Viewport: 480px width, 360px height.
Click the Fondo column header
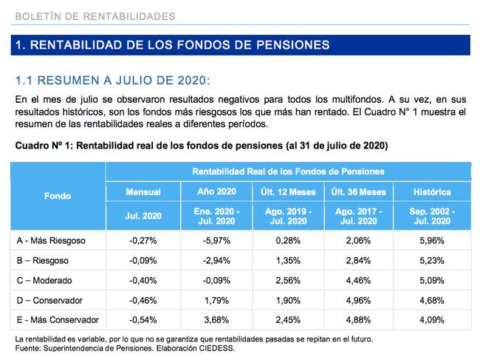click(58, 196)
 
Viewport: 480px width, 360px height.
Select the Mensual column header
click(143, 192)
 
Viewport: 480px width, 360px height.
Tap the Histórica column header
click(432, 192)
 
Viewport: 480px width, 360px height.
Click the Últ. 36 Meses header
click(358, 192)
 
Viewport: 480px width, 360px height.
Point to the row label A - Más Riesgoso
click(51, 241)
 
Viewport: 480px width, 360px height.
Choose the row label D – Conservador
click(49, 301)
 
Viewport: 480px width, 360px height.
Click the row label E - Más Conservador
click(58, 320)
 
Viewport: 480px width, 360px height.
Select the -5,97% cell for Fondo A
click(216, 241)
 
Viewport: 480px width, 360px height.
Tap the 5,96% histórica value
click(432, 241)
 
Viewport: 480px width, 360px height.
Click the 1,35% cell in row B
click(288, 261)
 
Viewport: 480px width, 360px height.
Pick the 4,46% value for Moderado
click(358, 281)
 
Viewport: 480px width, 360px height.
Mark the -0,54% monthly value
click(143, 320)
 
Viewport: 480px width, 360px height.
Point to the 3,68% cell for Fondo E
click(216, 320)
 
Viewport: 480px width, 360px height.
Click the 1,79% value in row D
click(216, 301)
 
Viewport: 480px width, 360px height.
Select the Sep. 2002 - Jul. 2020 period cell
click(432, 216)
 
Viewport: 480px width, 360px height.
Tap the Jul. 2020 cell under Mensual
click(143, 216)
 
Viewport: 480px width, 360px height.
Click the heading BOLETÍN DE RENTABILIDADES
click(95, 16)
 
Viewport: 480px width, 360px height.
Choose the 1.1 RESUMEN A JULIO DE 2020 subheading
click(113, 81)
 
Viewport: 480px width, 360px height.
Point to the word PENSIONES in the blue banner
click(293, 45)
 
